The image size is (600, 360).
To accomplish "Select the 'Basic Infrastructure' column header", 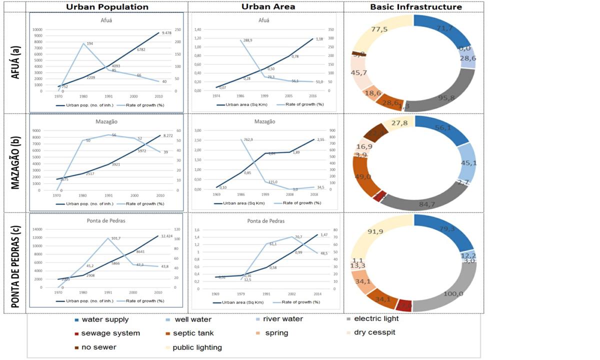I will (416, 7).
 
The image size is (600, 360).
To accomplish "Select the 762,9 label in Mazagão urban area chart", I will (248, 140).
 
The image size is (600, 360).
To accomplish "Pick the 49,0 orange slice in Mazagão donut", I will (363, 176).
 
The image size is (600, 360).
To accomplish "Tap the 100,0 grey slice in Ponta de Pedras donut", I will (452, 293).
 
